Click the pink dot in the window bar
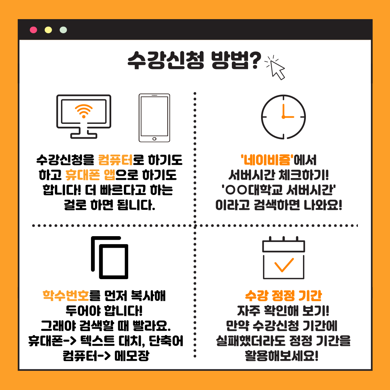[33, 30]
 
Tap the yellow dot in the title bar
[48, 30]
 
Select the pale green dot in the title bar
[63, 30]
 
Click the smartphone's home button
[154, 139]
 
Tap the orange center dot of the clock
[283, 117]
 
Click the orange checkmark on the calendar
[284, 265]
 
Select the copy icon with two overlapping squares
[110, 257]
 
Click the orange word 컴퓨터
[116, 160]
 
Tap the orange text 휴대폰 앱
[90, 175]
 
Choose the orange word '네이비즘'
[267, 160]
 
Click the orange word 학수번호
[66, 295]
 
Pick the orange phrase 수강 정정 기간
[283, 295]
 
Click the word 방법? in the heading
[236, 60]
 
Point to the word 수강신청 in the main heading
[166, 60]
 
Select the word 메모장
[132, 356]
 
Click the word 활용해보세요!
[282, 356]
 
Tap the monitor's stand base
[83, 136]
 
